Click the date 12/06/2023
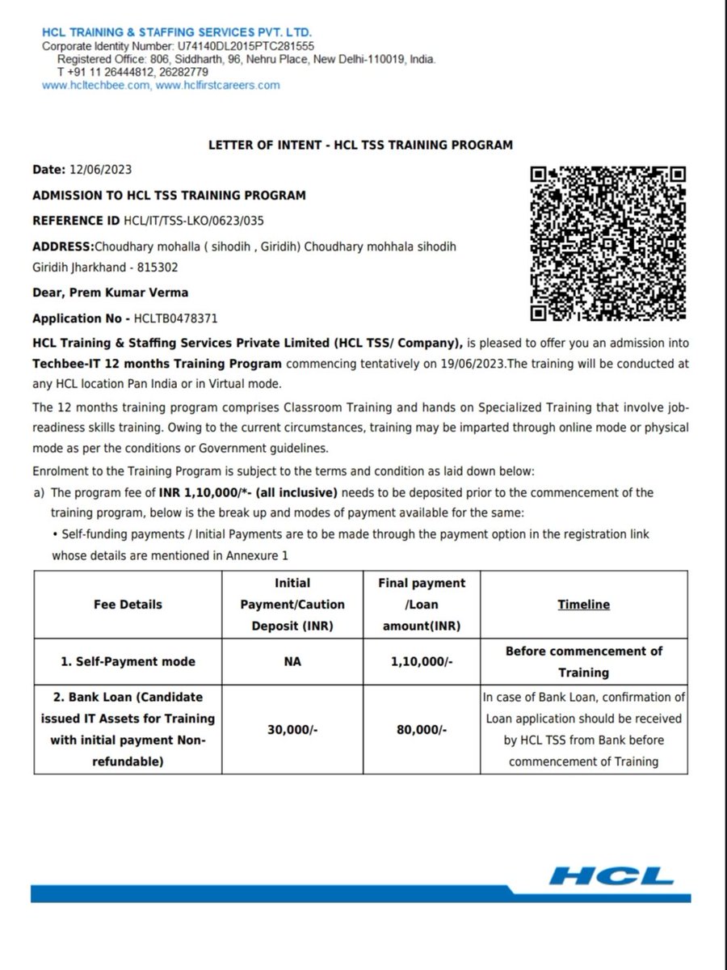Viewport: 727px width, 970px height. click(x=100, y=170)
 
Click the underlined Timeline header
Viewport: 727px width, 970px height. click(x=583, y=604)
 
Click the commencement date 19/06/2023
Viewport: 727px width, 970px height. click(x=463, y=364)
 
